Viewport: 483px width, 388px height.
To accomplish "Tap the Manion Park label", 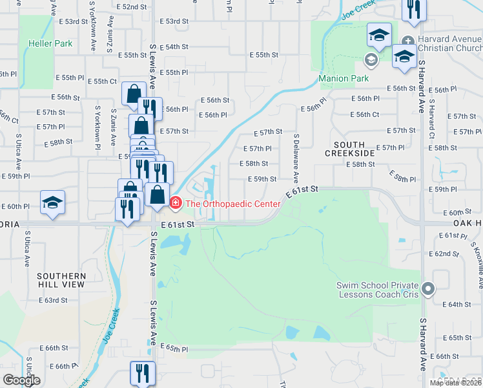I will [x=344, y=79].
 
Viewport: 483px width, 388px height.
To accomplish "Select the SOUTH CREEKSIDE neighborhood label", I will [x=349, y=149].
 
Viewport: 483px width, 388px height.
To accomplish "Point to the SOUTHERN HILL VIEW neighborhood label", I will [x=61, y=280].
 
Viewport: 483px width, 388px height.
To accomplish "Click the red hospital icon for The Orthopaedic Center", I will [x=175, y=204].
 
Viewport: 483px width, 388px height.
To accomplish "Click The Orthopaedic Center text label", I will [x=232, y=204].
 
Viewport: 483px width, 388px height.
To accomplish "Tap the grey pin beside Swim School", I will [x=426, y=290].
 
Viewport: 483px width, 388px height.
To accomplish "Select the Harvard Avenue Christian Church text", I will [x=449, y=43].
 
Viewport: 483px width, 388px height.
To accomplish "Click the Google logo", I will [x=22, y=380].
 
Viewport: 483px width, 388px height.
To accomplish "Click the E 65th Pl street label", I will [x=173, y=349].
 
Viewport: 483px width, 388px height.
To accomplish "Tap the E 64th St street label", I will [x=458, y=304].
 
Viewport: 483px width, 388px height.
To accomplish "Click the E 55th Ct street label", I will [x=105, y=81].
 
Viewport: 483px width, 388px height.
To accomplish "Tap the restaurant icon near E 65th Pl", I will [x=142, y=372].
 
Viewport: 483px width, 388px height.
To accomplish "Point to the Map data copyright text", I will [x=455, y=383].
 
